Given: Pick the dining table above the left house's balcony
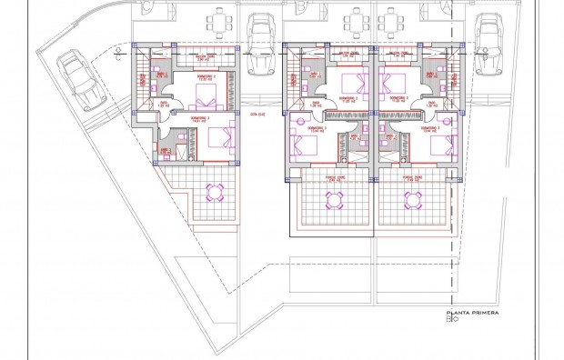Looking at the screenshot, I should pyautogui.click(x=218, y=21).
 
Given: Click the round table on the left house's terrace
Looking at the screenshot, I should pyautogui.click(x=217, y=191).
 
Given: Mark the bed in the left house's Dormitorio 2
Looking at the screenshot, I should pyautogui.click(x=206, y=95).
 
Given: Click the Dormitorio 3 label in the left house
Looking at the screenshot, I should pyautogui.click(x=201, y=119).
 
